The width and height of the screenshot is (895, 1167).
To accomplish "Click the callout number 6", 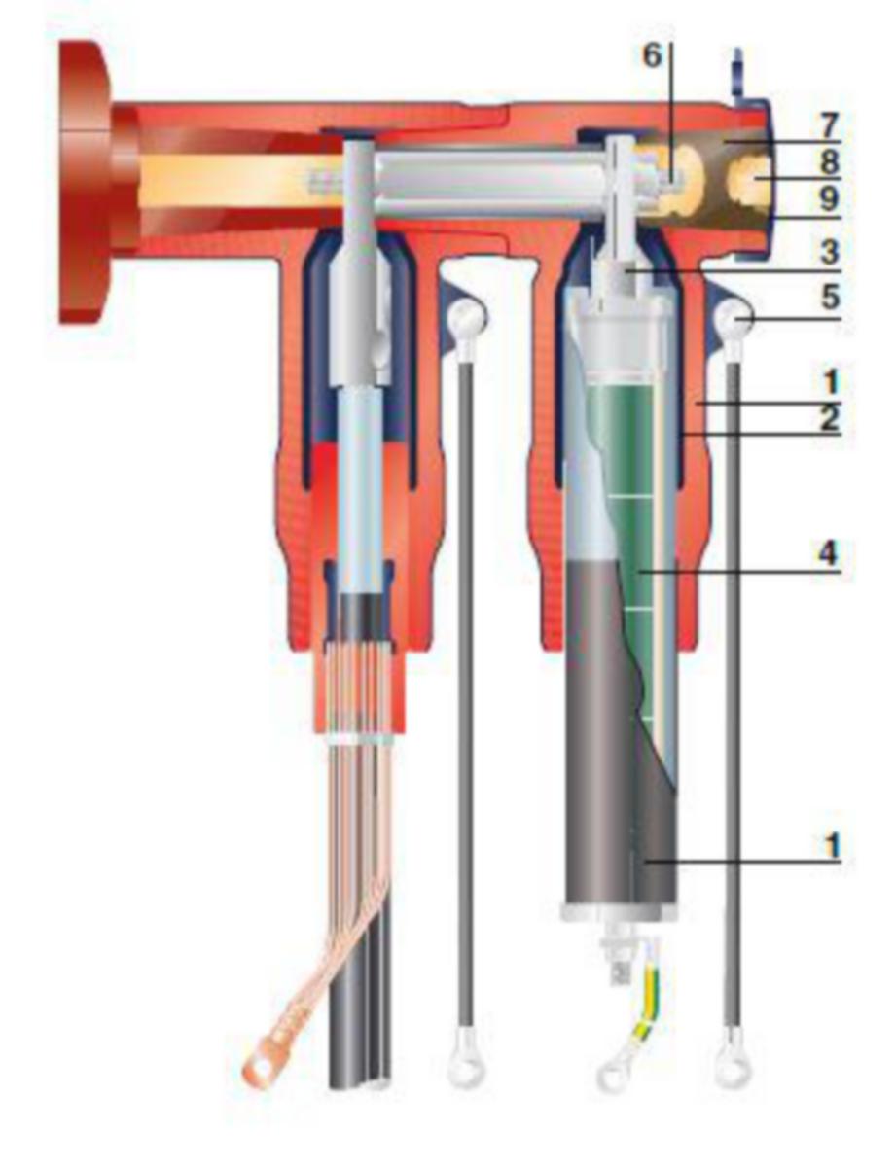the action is point(653,55).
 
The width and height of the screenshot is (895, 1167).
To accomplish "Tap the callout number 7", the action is point(828,126).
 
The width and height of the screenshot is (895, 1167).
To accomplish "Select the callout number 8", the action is point(828,162).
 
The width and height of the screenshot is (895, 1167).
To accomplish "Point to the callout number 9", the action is point(828,198).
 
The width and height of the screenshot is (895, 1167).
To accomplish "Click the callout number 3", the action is point(829,251).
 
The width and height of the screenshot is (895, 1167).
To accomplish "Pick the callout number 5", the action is point(830,298).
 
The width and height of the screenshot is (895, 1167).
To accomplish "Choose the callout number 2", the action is point(829,417).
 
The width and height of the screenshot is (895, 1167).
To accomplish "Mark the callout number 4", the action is point(828,553).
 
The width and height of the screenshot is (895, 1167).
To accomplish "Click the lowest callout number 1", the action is point(832,845).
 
